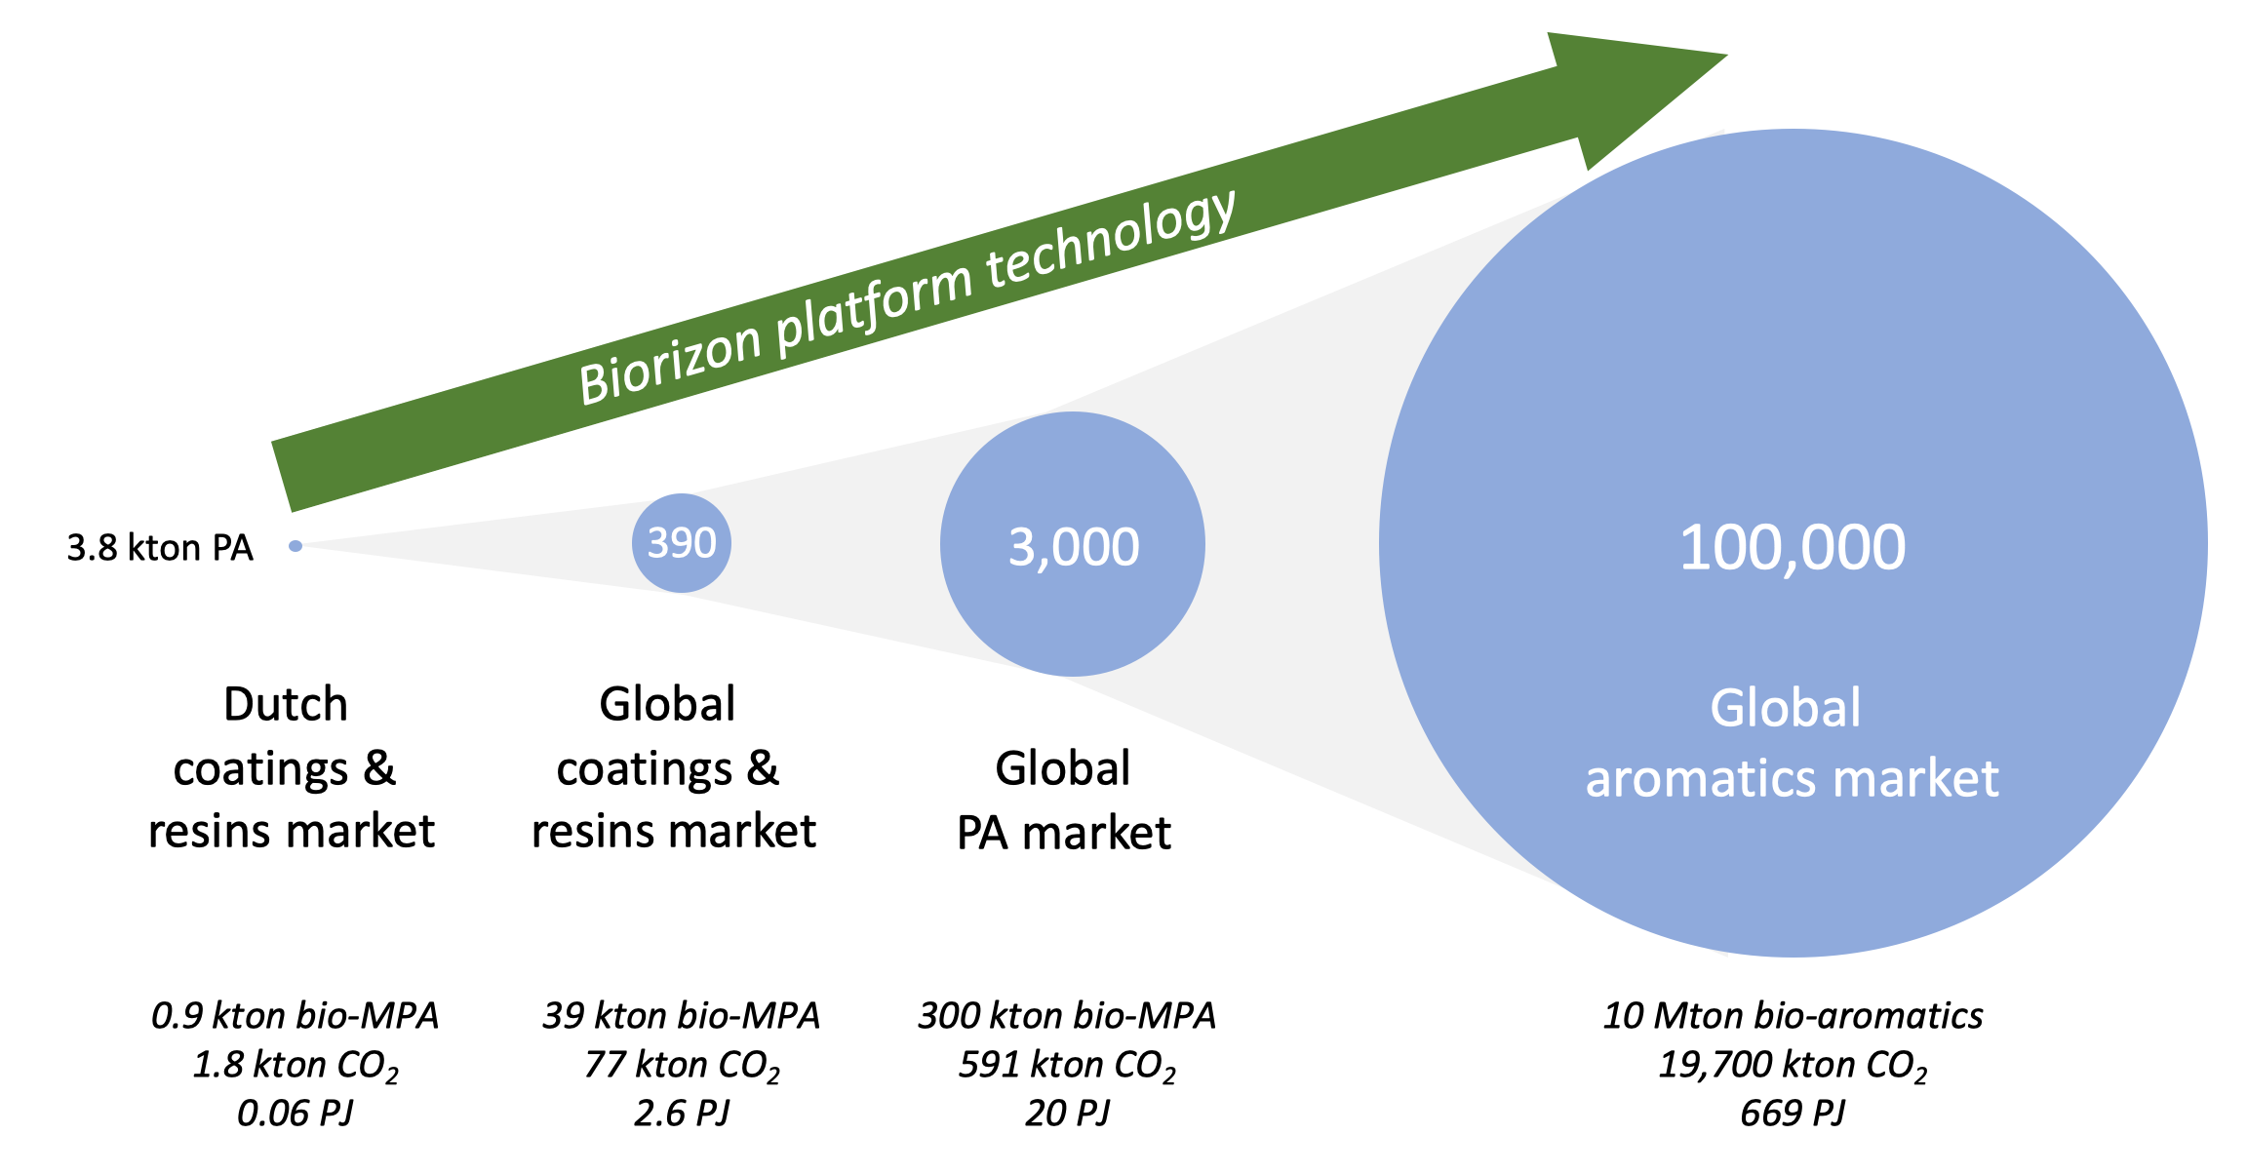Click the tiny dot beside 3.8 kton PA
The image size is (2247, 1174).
coord(296,546)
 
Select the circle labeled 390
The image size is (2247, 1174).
coord(682,543)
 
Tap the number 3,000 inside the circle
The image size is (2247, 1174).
coord(1074,547)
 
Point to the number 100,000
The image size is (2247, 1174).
coord(1793,547)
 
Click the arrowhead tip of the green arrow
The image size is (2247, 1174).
coord(1727,56)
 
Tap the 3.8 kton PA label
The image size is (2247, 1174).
coord(160,548)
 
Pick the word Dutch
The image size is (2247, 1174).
coord(286,704)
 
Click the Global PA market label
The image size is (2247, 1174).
coord(1064,801)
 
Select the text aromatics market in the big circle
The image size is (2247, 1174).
coord(1793,778)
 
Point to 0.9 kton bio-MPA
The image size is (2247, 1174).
coord(295,1016)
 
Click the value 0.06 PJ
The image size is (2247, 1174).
coord(295,1113)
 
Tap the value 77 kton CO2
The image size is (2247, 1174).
coord(682,1065)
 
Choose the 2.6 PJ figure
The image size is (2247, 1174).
coord(682,1113)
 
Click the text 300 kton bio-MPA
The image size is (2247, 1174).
coord(1067,1016)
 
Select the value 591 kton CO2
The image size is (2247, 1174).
coord(1067,1065)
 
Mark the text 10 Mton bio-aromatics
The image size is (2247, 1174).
coord(1793,1016)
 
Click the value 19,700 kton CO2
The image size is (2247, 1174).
coord(1793,1065)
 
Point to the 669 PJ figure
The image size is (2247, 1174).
coord(1793,1113)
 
